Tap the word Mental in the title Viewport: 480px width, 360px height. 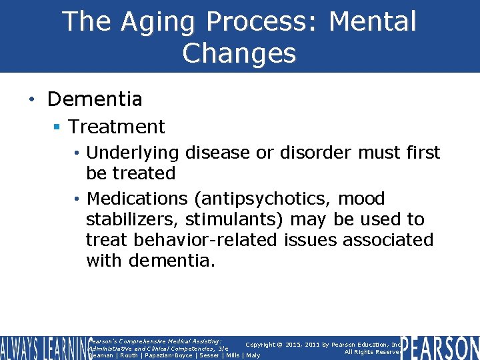point(372,21)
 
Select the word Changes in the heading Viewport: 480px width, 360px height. point(239,53)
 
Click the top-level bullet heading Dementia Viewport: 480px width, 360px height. point(95,99)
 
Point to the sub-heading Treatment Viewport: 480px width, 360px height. point(117,126)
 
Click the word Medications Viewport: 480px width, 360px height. point(137,199)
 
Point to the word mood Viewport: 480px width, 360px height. point(362,199)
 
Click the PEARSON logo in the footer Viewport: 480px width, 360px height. point(440,347)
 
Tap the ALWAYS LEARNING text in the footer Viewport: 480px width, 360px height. point(43,347)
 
